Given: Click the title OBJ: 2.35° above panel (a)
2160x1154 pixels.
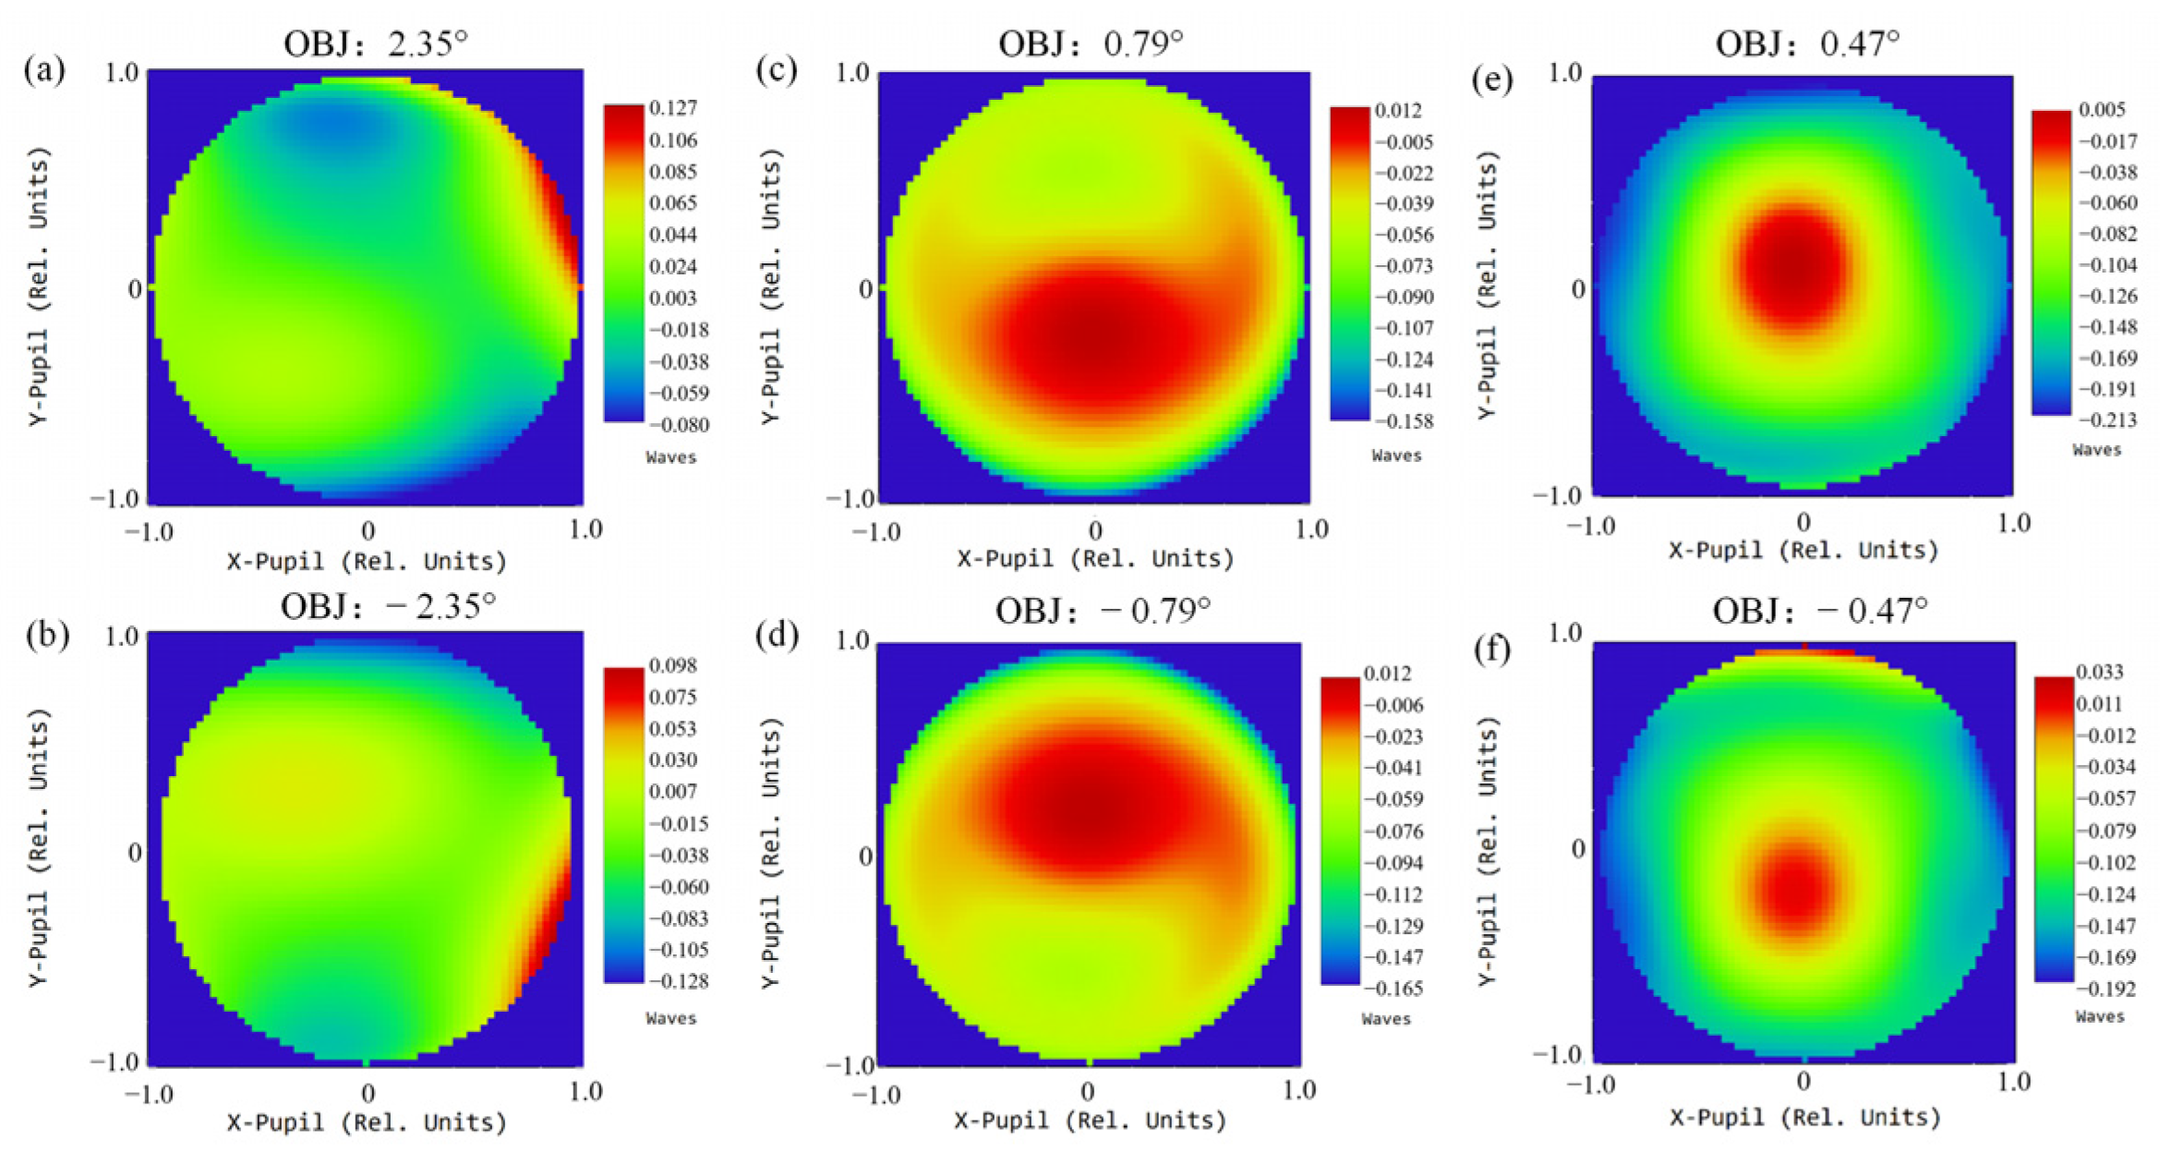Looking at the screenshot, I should pyautogui.click(x=376, y=43).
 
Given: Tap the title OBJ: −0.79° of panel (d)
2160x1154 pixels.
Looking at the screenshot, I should pyautogui.click(x=1103, y=611).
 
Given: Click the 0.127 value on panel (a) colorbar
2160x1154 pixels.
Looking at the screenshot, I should pyautogui.click(x=673, y=108).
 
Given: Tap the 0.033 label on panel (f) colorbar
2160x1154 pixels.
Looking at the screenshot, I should pyautogui.click(x=2099, y=672).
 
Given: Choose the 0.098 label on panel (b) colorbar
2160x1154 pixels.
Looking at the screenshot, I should pyautogui.click(x=673, y=666).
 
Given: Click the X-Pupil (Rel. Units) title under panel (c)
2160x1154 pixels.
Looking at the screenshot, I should pyautogui.click(x=1095, y=559).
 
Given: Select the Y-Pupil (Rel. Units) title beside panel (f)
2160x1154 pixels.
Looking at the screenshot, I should pyautogui.click(x=1486, y=850).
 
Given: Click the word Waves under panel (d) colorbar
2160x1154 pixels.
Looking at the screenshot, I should pyautogui.click(x=1385, y=1019).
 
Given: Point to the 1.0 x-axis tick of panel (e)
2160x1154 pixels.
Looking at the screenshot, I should pyautogui.click(x=2013, y=524).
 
